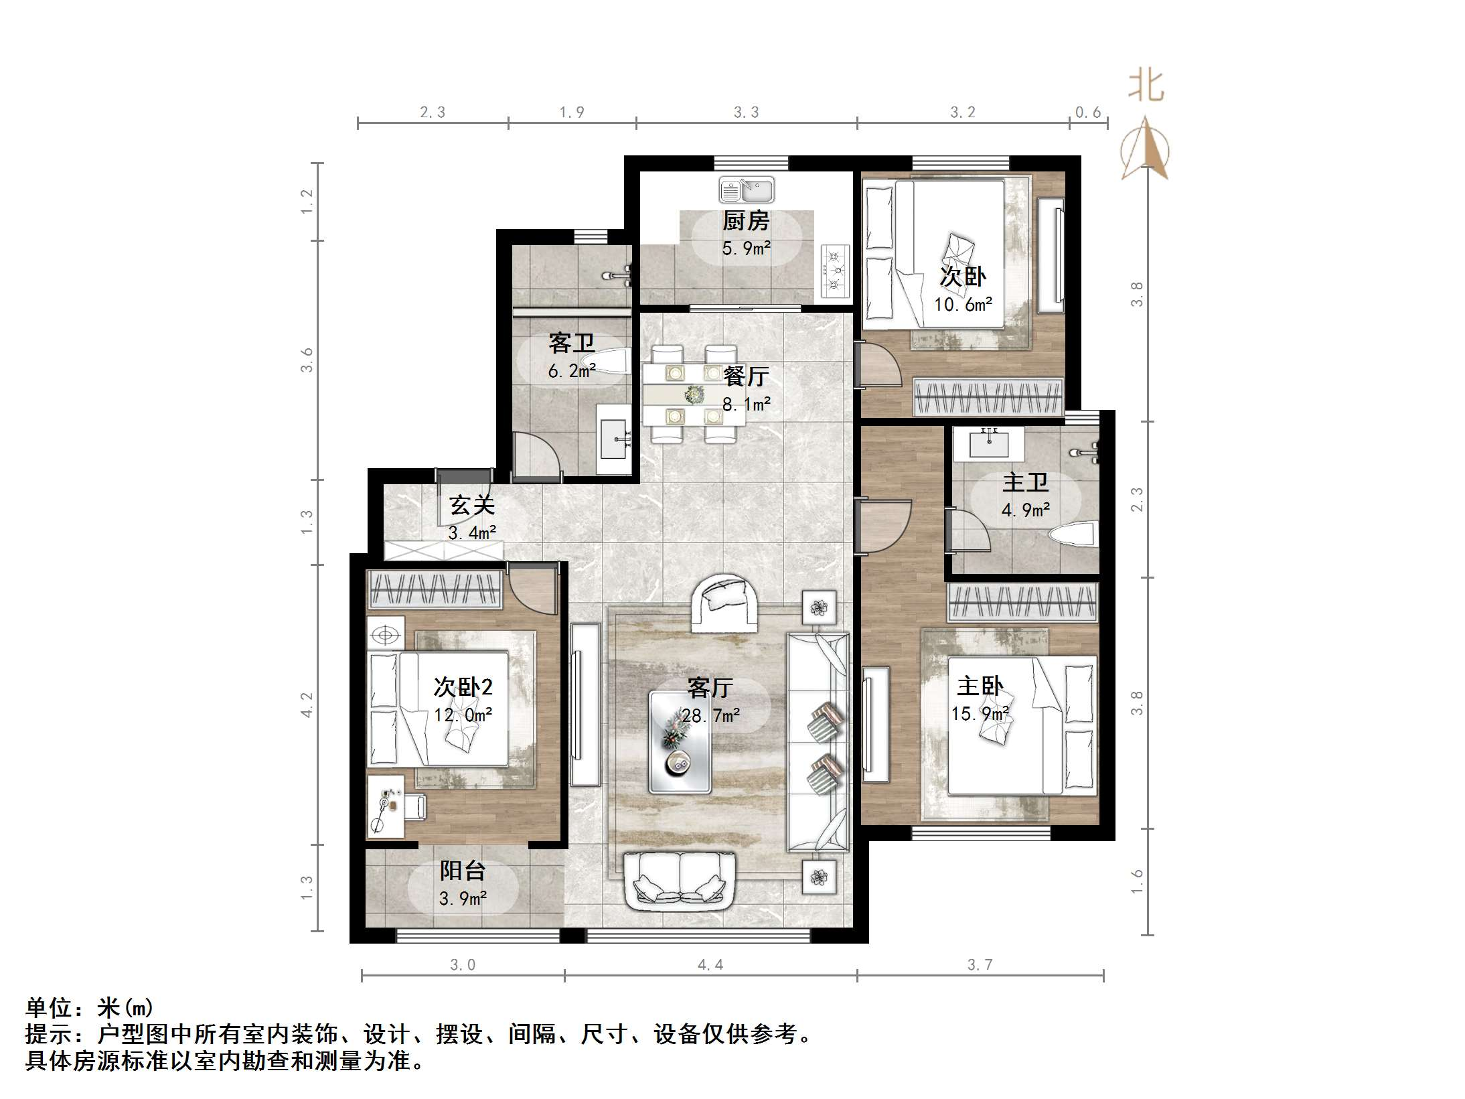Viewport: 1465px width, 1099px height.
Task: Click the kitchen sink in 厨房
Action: point(747,190)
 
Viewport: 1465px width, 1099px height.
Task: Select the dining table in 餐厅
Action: point(693,394)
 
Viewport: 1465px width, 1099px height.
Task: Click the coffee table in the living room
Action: point(680,742)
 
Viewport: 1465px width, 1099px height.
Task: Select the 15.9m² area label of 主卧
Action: point(980,714)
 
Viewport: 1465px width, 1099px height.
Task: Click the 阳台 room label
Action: point(462,871)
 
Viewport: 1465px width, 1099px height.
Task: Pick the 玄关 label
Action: point(472,505)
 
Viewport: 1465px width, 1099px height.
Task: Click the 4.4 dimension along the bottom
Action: point(710,964)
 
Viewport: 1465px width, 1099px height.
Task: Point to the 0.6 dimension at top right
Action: point(1087,113)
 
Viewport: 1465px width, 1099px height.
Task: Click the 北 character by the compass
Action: point(1146,86)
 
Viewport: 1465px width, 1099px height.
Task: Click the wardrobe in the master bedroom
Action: point(1022,601)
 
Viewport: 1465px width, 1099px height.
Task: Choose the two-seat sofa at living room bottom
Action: point(680,879)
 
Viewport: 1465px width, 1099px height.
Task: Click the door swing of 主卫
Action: point(969,530)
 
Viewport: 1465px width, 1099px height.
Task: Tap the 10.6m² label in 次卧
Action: point(963,305)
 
